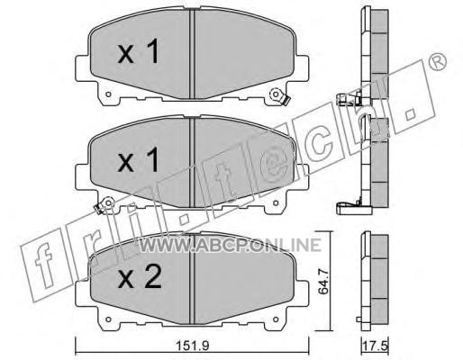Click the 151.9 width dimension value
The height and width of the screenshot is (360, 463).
pyautogui.click(x=192, y=346)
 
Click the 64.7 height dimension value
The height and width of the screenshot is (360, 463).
pyautogui.click(x=323, y=282)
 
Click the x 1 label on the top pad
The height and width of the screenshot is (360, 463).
pyautogui.click(x=138, y=52)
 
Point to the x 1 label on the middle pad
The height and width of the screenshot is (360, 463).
pyautogui.click(x=138, y=161)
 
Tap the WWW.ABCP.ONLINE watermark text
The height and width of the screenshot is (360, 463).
pyautogui.click(x=231, y=245)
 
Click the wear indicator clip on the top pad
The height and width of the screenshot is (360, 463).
pyautogui.click(x=279, y=96)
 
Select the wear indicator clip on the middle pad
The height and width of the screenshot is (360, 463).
pyautogui.click(x=104, y=205)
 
